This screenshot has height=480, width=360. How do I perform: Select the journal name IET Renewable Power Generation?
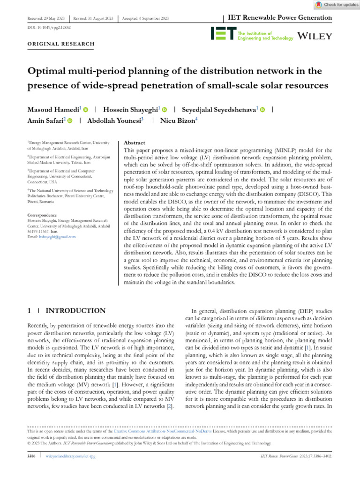tap(280, 18)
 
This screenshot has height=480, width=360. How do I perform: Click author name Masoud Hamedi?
tap(54, 109)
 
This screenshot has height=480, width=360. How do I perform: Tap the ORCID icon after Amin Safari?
tap(70, 121)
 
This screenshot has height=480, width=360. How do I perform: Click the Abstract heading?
tap(134, 142)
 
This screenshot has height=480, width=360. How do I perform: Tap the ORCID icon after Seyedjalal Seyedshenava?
tap(262, 109)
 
